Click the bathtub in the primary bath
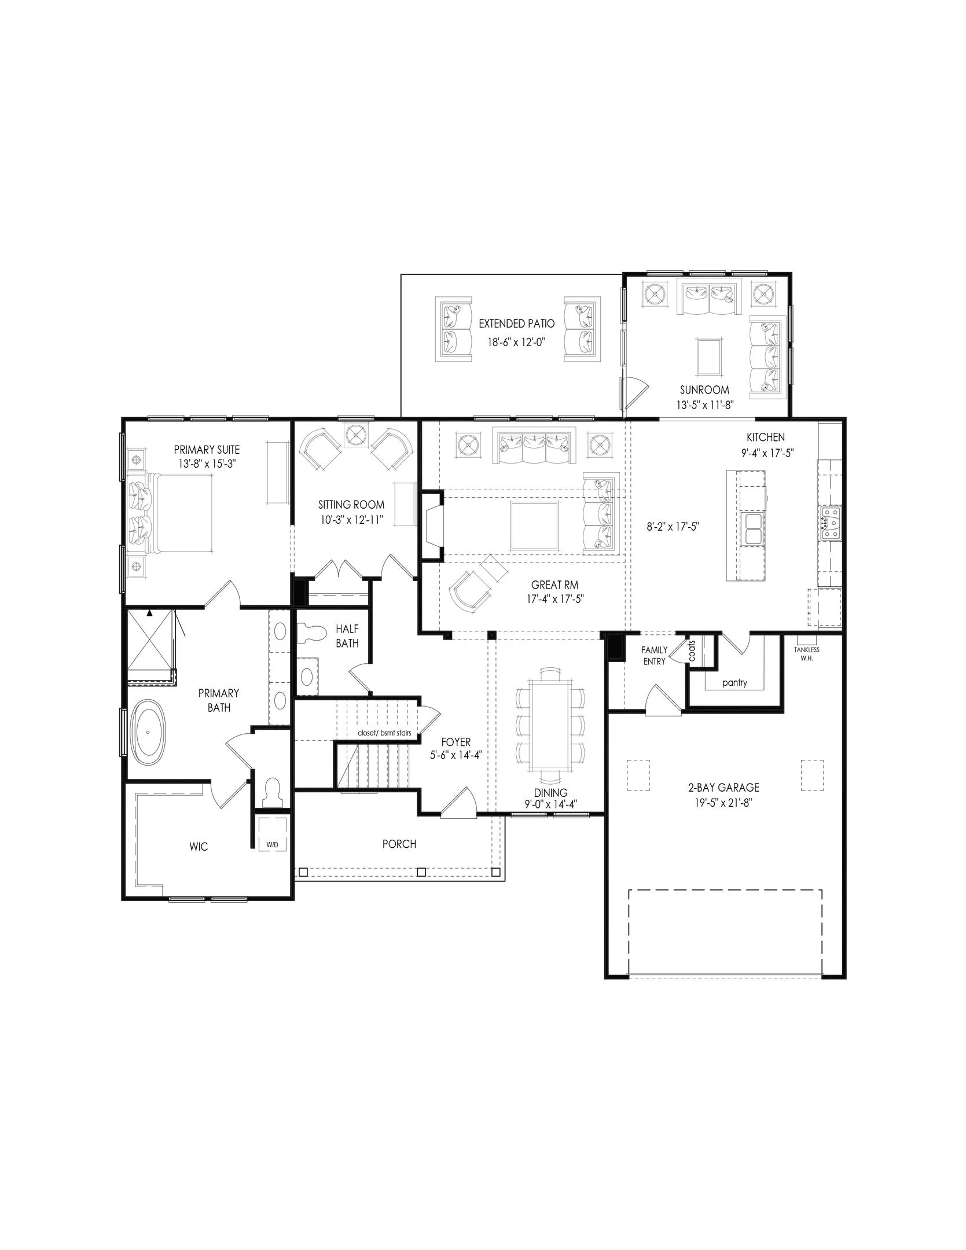[148, 732]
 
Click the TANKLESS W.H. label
[806, 653]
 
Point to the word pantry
[734, 683]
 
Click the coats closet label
[692, 650]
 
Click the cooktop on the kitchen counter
[829, 523]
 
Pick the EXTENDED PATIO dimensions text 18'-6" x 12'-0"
[516, 342]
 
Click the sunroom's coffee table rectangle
[709, 357]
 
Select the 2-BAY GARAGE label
[723, 788]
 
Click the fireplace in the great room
[432, 525]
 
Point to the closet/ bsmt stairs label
[384, 733]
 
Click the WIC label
[199, 847]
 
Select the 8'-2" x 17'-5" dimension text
[673, 527]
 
